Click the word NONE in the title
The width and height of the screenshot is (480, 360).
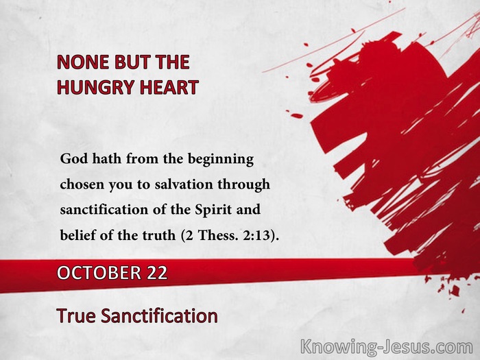[83, 62]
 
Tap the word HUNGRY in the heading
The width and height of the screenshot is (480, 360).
[96, 87]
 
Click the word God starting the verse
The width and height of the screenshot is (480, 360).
[74, 158]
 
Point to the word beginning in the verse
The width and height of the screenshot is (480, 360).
[220, 160]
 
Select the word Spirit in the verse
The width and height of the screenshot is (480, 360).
[213, 211]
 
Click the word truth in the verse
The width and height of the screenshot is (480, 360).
[159, 235]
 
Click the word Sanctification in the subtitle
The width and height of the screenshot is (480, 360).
[159, 315]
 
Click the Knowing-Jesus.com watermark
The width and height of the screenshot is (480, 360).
[386, 347]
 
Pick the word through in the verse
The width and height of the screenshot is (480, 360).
[244, 185]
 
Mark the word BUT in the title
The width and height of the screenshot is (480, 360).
[132, 62]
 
